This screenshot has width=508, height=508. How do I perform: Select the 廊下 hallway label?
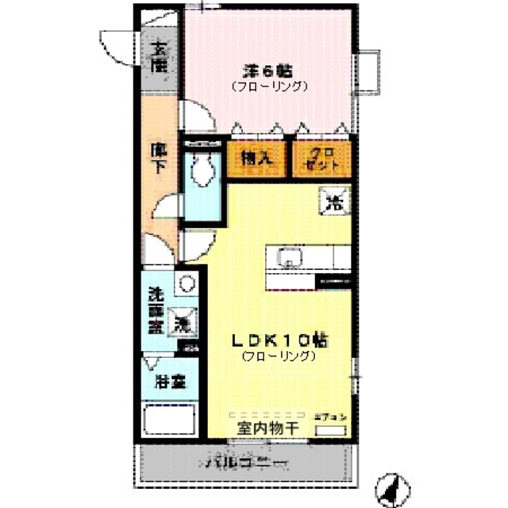160,158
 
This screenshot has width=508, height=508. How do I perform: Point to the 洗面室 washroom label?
157,310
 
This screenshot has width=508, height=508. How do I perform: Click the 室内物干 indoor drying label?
265,429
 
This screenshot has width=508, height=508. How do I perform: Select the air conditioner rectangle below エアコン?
331,429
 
